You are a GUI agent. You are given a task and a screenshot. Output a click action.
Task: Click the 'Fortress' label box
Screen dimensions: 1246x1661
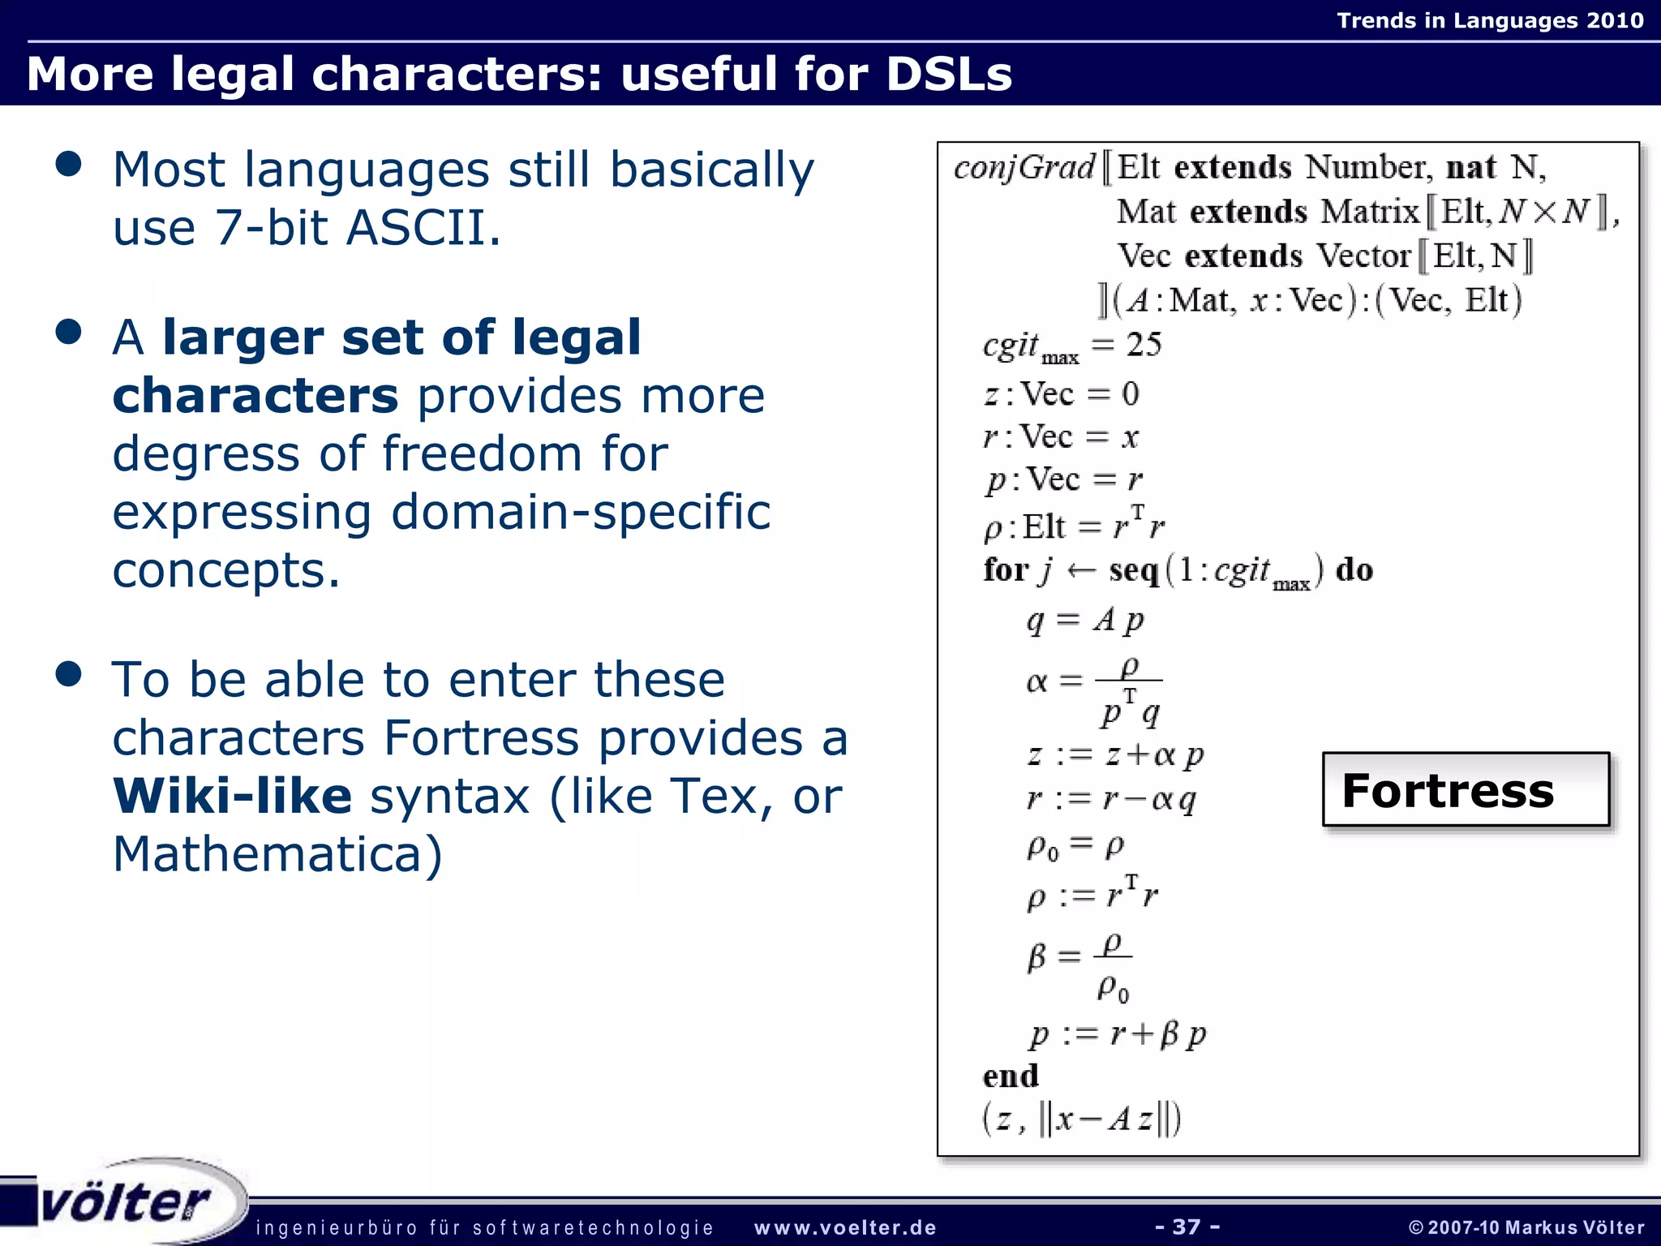1465,790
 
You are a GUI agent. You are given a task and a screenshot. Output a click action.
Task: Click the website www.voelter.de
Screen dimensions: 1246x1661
845,1228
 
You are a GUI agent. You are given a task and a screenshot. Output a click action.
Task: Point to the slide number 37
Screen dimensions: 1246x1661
1187,1227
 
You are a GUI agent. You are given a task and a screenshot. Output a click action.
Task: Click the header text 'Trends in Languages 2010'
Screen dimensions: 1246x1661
1490,20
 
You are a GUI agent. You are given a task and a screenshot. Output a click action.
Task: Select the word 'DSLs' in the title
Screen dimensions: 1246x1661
949,74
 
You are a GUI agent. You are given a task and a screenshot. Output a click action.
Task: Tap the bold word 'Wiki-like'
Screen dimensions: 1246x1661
232,796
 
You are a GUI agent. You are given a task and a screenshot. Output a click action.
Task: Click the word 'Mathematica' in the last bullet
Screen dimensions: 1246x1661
264,854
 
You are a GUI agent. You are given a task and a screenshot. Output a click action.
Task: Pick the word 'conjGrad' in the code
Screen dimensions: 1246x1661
1024,168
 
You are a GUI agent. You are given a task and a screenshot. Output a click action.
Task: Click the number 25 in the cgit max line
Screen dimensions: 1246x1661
1144,345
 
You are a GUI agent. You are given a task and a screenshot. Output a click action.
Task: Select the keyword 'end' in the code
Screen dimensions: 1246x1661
1011,1076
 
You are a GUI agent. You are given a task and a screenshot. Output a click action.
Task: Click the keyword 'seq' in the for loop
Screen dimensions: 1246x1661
1134,570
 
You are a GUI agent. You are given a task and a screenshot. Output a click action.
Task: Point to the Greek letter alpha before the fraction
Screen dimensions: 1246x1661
1037,681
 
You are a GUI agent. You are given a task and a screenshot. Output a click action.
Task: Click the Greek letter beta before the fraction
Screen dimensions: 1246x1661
1037,957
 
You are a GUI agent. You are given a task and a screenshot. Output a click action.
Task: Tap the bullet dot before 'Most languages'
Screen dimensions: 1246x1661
69,164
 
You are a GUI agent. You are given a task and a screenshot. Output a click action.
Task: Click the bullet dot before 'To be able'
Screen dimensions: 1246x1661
69,674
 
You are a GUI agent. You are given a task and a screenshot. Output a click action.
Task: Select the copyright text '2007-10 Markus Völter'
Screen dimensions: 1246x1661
1534,1228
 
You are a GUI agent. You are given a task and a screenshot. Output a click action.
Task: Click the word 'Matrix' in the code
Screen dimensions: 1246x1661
1371,212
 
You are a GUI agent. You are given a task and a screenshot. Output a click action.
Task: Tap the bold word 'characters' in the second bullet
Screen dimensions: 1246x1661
255,396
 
